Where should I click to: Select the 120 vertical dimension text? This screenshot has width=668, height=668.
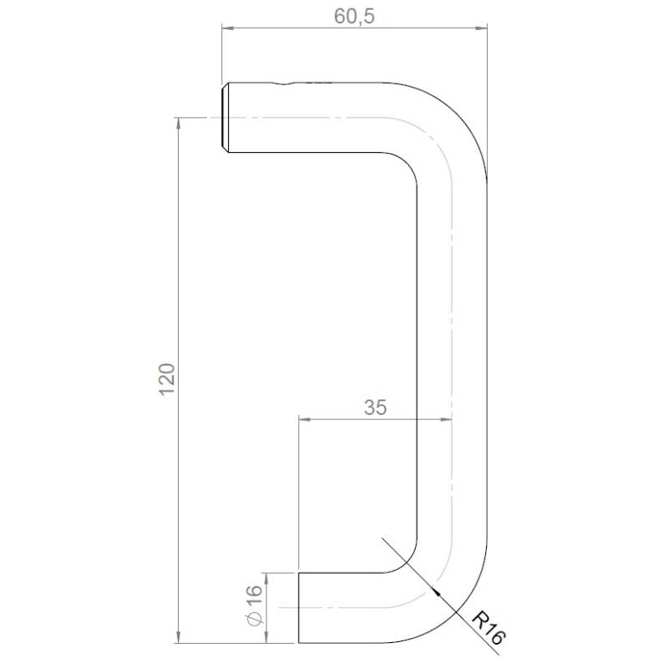tap(166, 380)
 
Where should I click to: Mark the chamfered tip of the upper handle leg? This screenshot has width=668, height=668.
tap(225, 118)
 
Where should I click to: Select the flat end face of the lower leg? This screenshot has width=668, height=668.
tap(299, 607)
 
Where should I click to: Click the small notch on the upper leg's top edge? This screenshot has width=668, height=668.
tap(283, 83)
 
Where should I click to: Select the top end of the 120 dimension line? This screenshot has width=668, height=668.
tap(179, 119)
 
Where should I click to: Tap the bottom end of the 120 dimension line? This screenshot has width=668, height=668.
tap(179, 642)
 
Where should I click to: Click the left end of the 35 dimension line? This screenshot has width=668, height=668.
tap(299, 418)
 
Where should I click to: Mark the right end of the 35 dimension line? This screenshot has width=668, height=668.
tap(453, 418)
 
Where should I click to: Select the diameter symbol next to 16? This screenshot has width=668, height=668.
tap(256, 619)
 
